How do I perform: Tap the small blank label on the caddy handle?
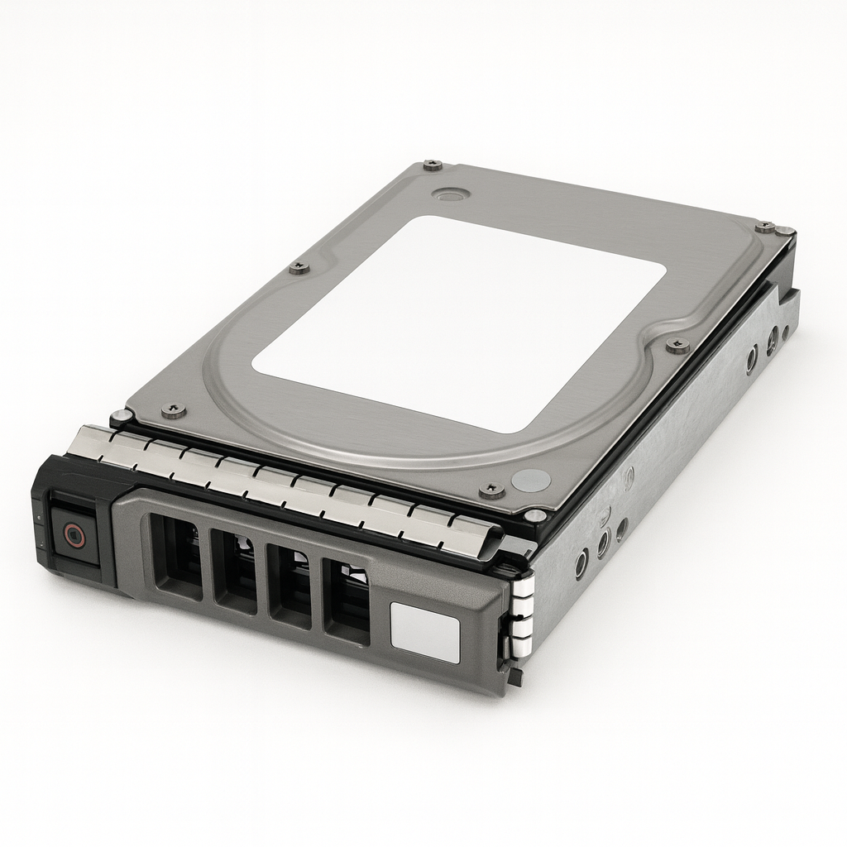[423, 633]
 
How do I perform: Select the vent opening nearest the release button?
[176, 555]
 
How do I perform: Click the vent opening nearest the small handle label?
[346, 601]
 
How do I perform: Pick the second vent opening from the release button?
[233, 571]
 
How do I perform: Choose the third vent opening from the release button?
[290, 586]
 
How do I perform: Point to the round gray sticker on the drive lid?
[530, 480]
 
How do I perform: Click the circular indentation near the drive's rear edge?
[451, 194]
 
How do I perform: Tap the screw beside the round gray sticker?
[491, 490]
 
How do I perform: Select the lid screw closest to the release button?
[174, 409]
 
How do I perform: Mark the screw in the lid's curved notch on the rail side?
[677, 345]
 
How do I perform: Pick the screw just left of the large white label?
[299, 267]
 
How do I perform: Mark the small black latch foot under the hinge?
[515, 677]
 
